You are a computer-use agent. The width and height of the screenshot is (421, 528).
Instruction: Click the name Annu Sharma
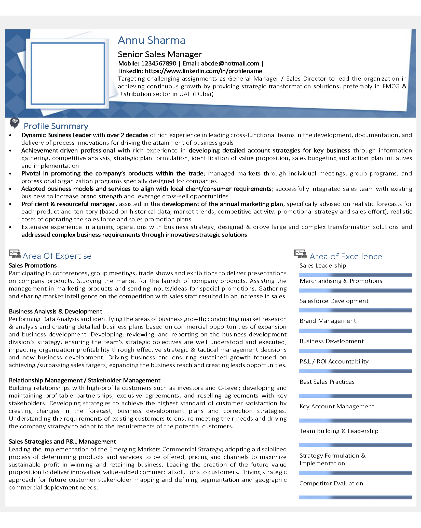point(152,40)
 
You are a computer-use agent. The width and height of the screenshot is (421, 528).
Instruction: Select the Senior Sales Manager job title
point(160,54)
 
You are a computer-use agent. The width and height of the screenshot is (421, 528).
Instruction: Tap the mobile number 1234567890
point(159,64)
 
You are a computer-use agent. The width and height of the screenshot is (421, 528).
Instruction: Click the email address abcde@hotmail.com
point(230,64)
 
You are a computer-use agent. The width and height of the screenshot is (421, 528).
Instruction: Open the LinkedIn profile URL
point(203,71)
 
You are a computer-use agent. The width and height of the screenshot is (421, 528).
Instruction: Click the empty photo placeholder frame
point(68,73)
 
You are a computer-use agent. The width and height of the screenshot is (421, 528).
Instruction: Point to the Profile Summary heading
point(56,126)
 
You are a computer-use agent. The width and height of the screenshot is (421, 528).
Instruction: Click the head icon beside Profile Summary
point(15,123)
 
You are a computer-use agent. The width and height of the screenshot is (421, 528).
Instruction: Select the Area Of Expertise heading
point(57,256)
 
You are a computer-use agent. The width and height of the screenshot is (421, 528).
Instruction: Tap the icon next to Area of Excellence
point(301,254)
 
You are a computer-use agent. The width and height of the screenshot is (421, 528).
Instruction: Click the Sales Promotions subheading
point(33,266)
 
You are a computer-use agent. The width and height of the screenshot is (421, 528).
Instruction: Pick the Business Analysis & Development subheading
point(56,311)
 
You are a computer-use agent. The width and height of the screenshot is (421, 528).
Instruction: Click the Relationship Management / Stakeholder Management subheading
point(85,380)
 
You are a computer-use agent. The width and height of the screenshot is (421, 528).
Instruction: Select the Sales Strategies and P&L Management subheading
point(62,442)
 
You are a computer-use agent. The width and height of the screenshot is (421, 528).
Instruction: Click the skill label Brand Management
point(328,321)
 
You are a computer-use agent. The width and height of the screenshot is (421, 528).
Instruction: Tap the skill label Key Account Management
point(337,406)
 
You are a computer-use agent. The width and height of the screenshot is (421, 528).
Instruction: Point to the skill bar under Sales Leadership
point(355,275)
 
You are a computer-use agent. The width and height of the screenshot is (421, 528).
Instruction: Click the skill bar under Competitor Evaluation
point(355,497)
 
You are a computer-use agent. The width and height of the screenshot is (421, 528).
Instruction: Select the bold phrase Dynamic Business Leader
point(56,135)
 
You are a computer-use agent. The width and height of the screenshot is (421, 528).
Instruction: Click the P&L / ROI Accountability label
point(334,361)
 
